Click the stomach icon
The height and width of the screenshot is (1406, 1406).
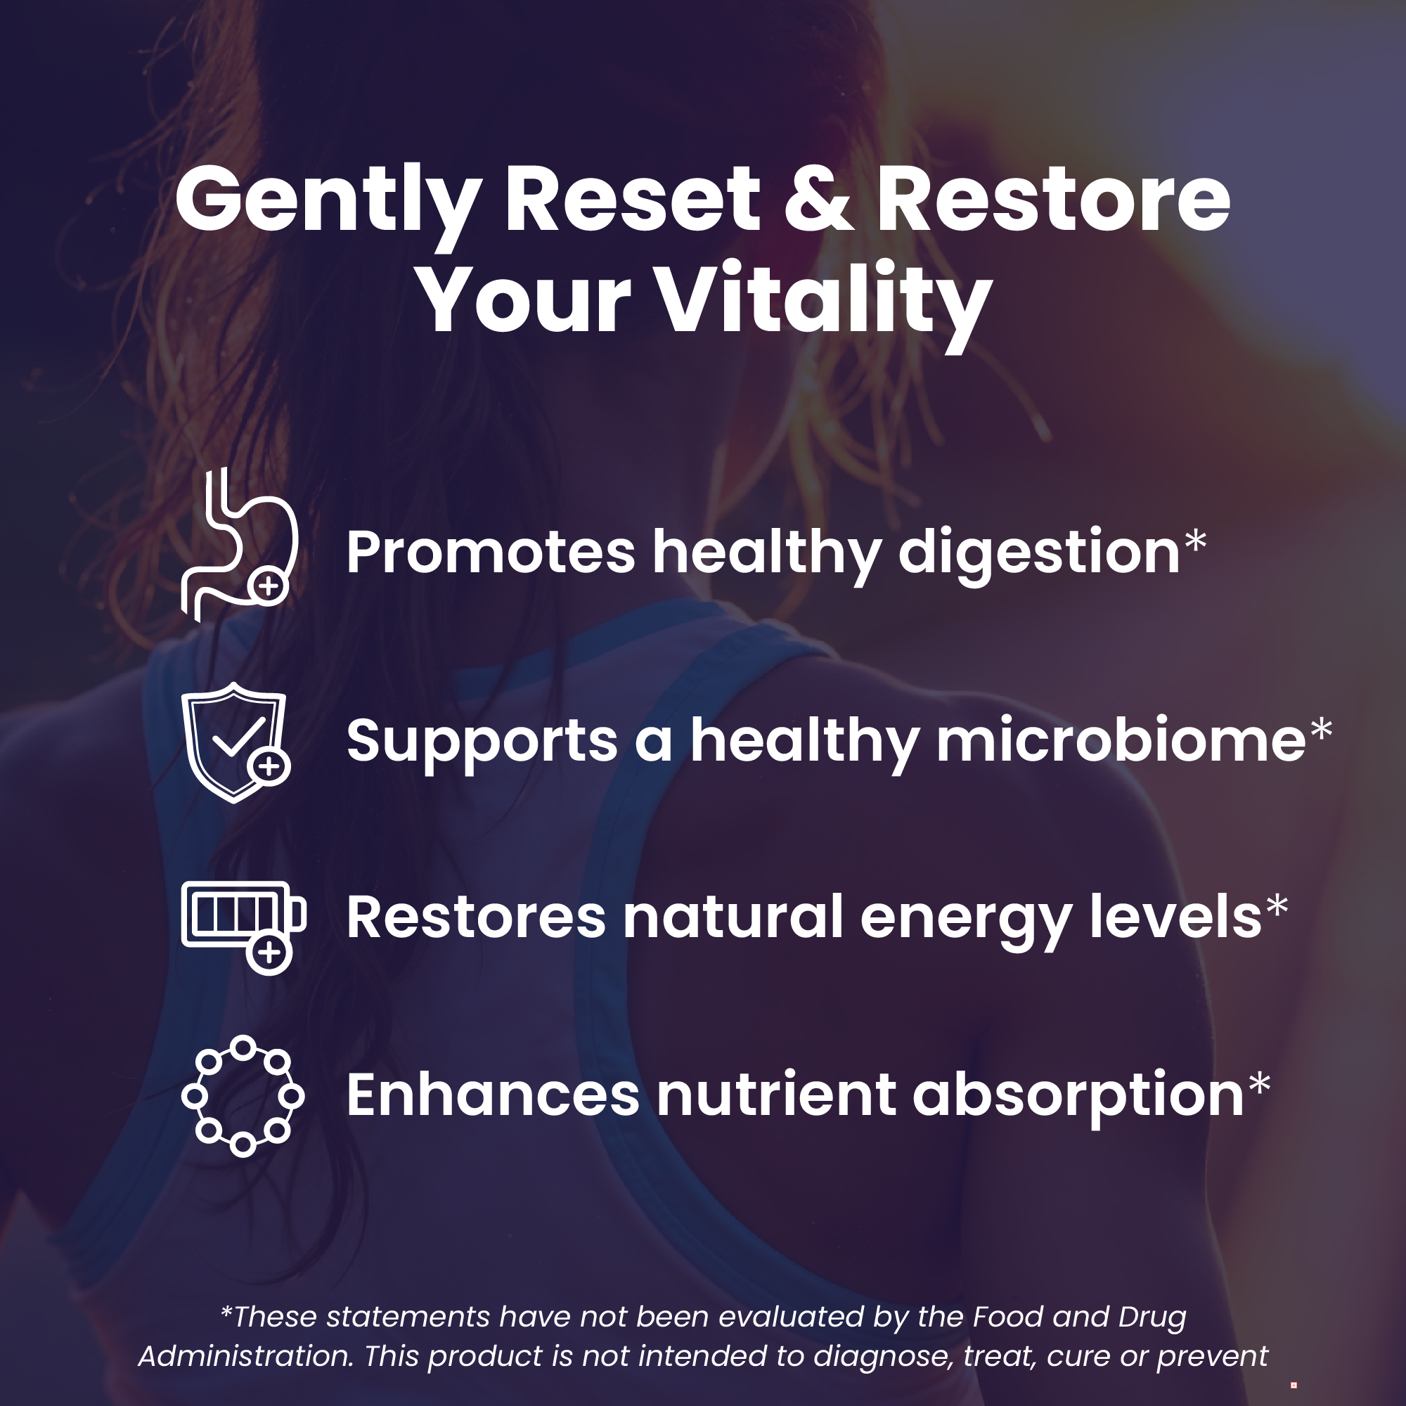[x=240, y=545]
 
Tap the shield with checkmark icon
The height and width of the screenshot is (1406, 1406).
[x=235, y=743]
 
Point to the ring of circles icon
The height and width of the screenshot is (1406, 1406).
[x=243, y=1096]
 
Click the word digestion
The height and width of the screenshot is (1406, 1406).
[x=1039, y=555]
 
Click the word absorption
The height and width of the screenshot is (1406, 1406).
[x=1078, y=1097]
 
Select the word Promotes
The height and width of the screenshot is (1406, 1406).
[x=491, y=553]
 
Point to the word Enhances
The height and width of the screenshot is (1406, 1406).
[x=493, y=1095]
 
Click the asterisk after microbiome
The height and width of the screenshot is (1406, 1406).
[x=1321, y=730]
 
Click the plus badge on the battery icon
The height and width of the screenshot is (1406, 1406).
[x=269, y=952]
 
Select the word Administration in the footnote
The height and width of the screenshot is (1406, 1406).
[x=247, y=1357]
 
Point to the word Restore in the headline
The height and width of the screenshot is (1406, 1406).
[x=1052, y=200]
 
